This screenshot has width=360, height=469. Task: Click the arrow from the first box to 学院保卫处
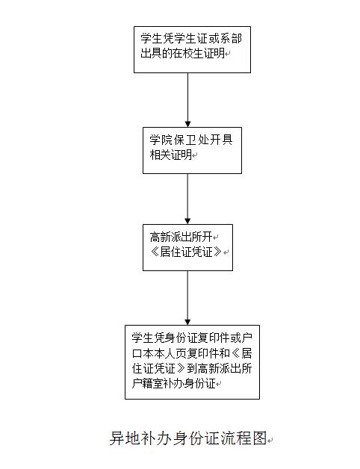188,100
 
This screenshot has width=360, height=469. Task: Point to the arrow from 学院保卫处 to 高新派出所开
187,199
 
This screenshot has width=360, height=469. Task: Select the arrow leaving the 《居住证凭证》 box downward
187,298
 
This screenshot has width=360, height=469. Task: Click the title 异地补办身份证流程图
188,438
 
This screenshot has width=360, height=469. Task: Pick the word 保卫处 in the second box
191,140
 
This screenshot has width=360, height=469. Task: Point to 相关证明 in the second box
171,155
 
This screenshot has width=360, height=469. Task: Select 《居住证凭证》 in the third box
186,252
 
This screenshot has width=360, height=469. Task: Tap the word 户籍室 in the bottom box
148,383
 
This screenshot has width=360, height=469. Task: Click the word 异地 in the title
125,438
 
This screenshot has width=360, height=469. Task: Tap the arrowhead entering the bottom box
187,322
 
